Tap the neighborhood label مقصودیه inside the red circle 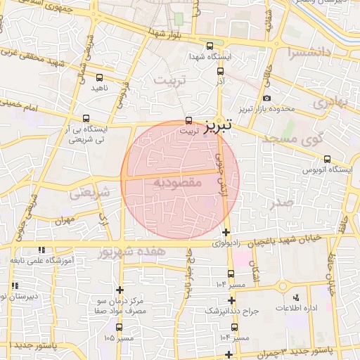click(177, 182)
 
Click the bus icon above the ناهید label click(98, 77)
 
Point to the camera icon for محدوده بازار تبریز click(266, 98)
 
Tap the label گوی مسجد click(295, 139)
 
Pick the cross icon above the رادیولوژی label click(225, 233)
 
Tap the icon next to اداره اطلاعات click(295, 297)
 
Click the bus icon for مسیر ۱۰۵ click(117, 327)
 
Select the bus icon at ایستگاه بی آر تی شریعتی click(86, 118)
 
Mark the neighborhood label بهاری click(330, 101)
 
